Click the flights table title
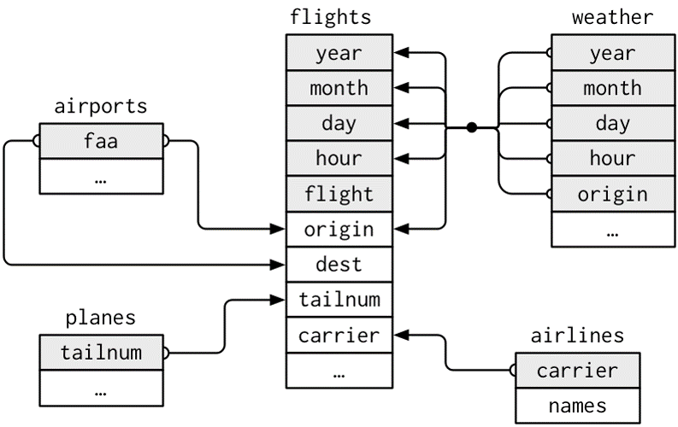pos(330,16)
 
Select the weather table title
pos(612,16)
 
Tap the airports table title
pos(100,106)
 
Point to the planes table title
pos(100,318)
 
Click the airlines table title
pos(577,336)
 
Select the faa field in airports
pos(100,141)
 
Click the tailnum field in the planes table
pos(100,353)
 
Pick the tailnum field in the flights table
pos(339,300)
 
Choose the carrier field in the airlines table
pos(577,371)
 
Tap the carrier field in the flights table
pos(339,335)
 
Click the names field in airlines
pos(577,406)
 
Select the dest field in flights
pos(339,265)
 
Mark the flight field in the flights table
pos(339,194)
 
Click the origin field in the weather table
pos(612,194)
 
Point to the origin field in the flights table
pos(339,230)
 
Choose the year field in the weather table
pos(612,53)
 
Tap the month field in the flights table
pos(339,88)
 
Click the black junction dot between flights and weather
pos(471,127)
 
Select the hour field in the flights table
pos(339,159)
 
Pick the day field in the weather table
pos(612,124)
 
